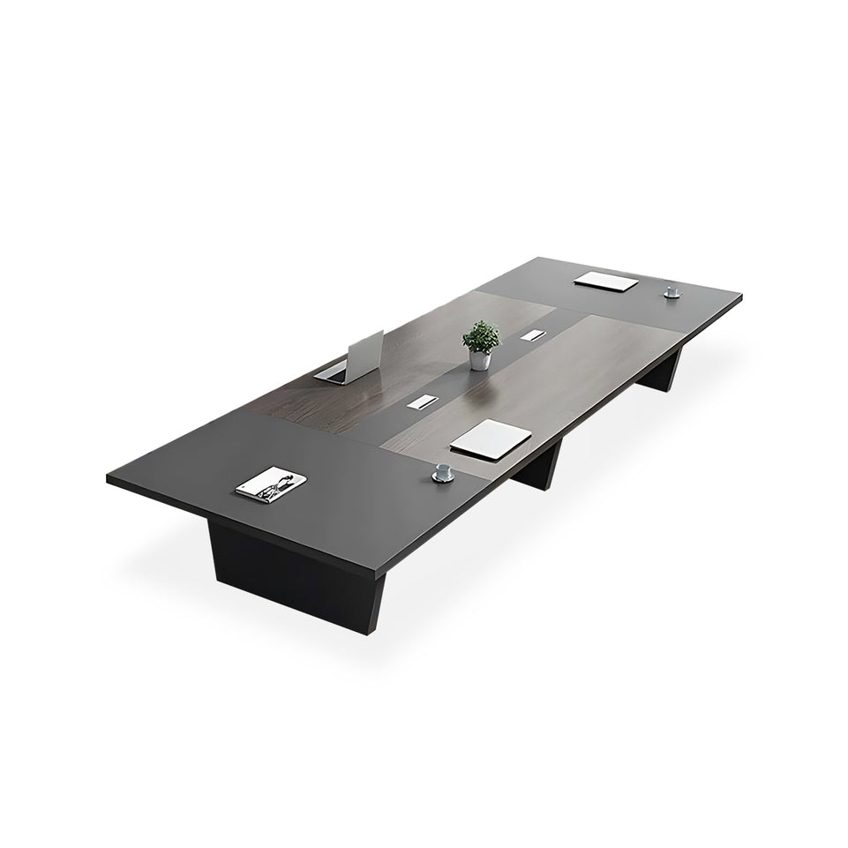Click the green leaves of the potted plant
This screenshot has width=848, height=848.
[481, 336]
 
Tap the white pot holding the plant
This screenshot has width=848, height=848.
[480, 360]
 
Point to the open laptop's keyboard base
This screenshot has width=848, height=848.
[331, 372]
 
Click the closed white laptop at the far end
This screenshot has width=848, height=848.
[607, 282]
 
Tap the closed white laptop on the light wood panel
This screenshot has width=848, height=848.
[491, 438]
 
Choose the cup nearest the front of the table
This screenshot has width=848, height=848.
[442, 473]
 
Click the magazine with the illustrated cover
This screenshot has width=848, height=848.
[272, 484]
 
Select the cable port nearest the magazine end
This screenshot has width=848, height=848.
[419, 402]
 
